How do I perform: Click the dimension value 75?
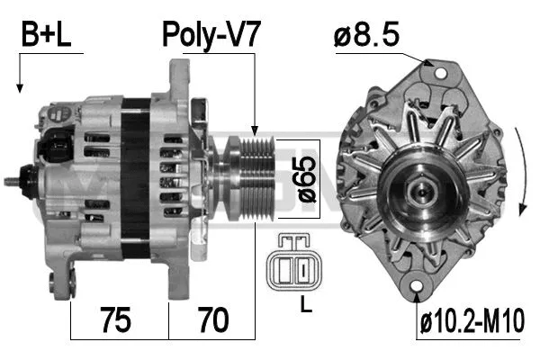coord(117,319)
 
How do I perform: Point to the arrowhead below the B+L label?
coord(19,88)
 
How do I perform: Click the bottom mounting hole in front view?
coord(418,289)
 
